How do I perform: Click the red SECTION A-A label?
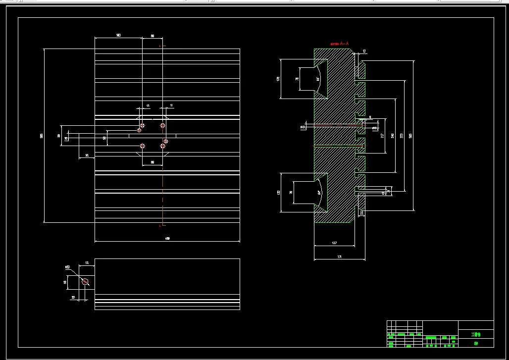[x=340, y=44]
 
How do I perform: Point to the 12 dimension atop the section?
[x=364, y=51]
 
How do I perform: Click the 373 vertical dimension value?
[x=402, y=135]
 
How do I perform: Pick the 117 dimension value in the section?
[x=382, y=135]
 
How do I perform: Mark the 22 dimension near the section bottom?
[x=361, y=212]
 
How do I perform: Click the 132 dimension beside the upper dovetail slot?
[x=278, y=79]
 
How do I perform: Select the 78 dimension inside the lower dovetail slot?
[x=291, y=192]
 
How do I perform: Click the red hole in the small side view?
[x=85, y=282]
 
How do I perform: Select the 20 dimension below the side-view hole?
[x=73, y=298]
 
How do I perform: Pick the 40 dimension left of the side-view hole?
[x=65, y=282]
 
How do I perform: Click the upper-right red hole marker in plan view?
[x=162, y=125]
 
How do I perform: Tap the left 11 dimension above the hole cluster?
[x=148, y=105]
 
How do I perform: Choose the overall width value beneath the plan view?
[x=167, y=239]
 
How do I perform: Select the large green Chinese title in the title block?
[x=475, y=334]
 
